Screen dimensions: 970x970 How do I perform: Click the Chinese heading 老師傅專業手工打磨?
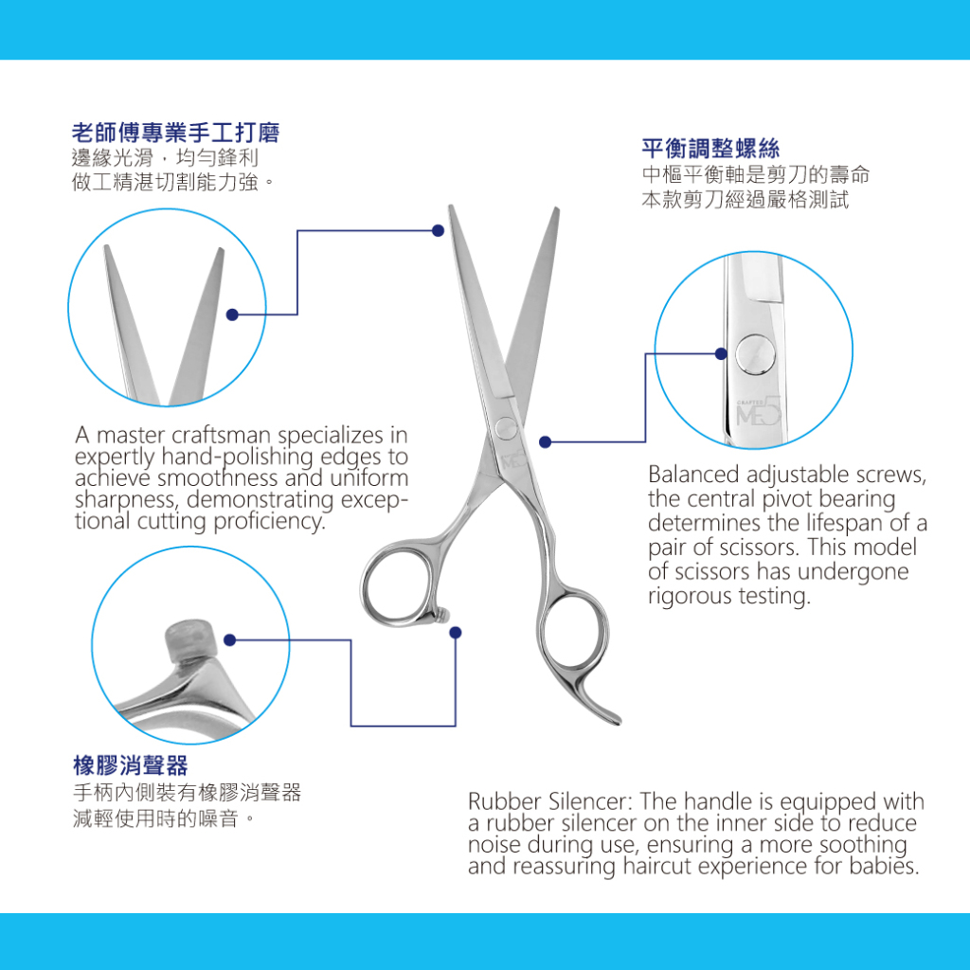click(x=175, y=133)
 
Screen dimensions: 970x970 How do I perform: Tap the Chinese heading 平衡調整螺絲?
click(x=710, y=149)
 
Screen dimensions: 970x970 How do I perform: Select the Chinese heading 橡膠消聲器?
click(x=131, y=765)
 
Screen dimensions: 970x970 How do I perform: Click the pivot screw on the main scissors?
click(x=507, y=428)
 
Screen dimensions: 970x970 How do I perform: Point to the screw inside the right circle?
click(x=755, y=354)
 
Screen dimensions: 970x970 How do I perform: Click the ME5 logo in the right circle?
click(x=759, y=411)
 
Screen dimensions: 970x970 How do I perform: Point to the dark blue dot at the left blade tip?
click(x=438, y=231)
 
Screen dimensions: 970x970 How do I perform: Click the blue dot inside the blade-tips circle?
click(x=233, y=314)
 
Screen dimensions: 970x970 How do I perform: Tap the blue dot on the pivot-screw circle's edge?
click(x=721, y=354)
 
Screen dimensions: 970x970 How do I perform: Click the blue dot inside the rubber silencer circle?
click(x=230, y=640)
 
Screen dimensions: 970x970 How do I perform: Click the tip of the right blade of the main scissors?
click(x=557, y=209)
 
